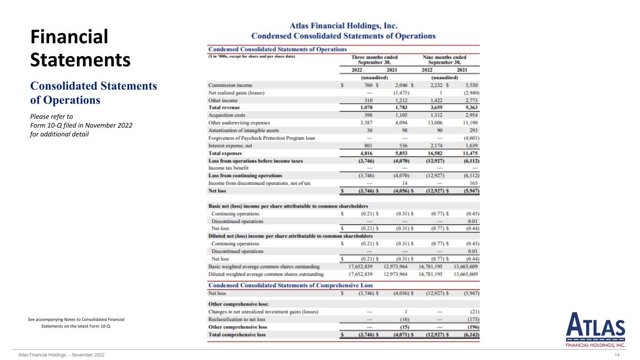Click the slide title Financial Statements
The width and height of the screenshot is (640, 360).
pyautogui.click(x=80, y=48)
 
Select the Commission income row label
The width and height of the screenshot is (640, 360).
pyautogui.click(x=230, y=85)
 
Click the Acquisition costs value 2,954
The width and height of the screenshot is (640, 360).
pyautogui.click(x=470, y=115)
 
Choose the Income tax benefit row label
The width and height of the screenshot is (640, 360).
pyautogui.click(x=228, y=168)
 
